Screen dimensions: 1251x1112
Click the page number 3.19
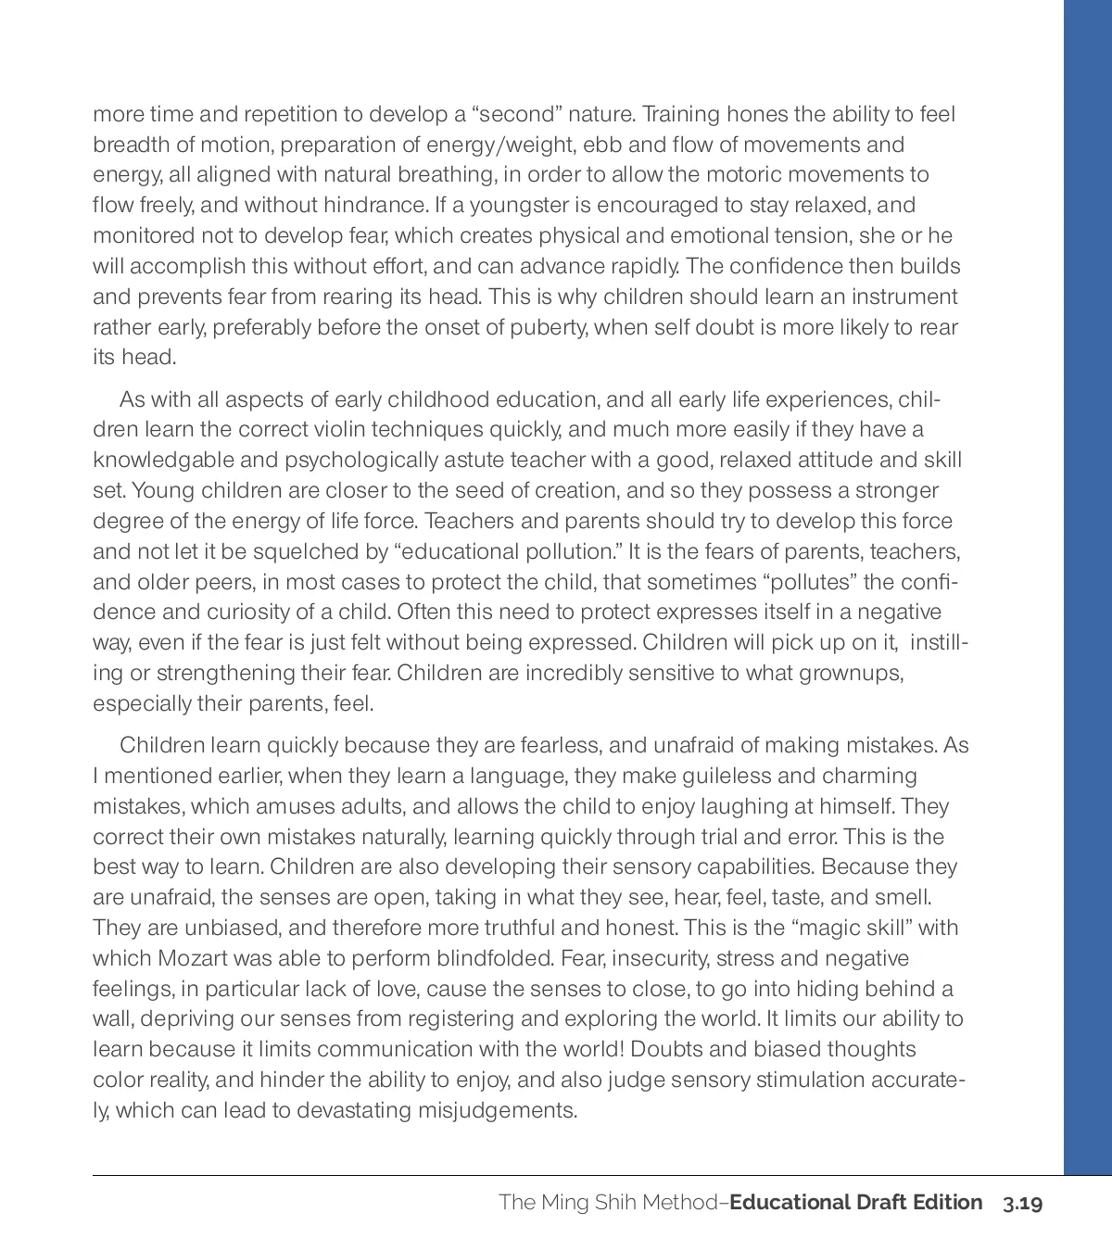(x=1022, y=1203)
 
